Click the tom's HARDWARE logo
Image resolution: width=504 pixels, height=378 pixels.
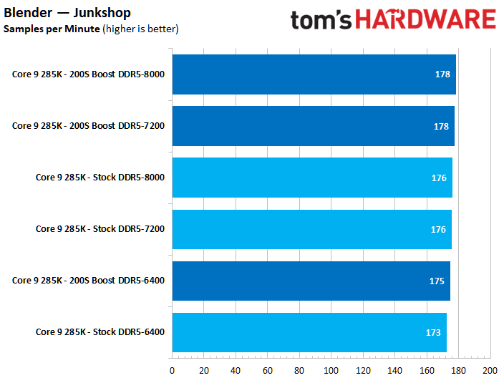[392, 19]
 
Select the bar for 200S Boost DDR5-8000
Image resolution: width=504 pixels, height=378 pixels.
[314, 74]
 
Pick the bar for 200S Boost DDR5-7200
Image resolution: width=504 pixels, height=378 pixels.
[313, 126]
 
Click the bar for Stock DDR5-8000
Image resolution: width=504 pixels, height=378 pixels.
[311, 178]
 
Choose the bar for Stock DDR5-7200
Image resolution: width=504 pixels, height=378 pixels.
[311, 229]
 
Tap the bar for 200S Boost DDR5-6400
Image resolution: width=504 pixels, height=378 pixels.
[311, 281]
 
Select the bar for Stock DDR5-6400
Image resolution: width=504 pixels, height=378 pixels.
[309, 332]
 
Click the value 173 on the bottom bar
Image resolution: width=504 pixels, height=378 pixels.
[433, 333]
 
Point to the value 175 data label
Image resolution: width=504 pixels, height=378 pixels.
[437, 281]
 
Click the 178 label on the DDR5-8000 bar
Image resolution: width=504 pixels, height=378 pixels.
[442, 75]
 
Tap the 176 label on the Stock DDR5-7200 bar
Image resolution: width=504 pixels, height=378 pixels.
[438, 230]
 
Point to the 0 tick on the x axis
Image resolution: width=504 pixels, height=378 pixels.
[172, 370]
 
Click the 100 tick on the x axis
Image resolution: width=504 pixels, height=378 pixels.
[331, 370]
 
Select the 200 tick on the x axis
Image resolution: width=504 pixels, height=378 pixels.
[490, 370]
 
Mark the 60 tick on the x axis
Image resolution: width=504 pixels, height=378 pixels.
[267, 370]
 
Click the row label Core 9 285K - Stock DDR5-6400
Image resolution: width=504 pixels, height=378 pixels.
[100, 332]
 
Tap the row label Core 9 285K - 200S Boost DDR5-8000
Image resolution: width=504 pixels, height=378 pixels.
[88, 74]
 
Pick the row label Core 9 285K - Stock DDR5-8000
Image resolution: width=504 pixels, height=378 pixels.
[100, 178]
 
